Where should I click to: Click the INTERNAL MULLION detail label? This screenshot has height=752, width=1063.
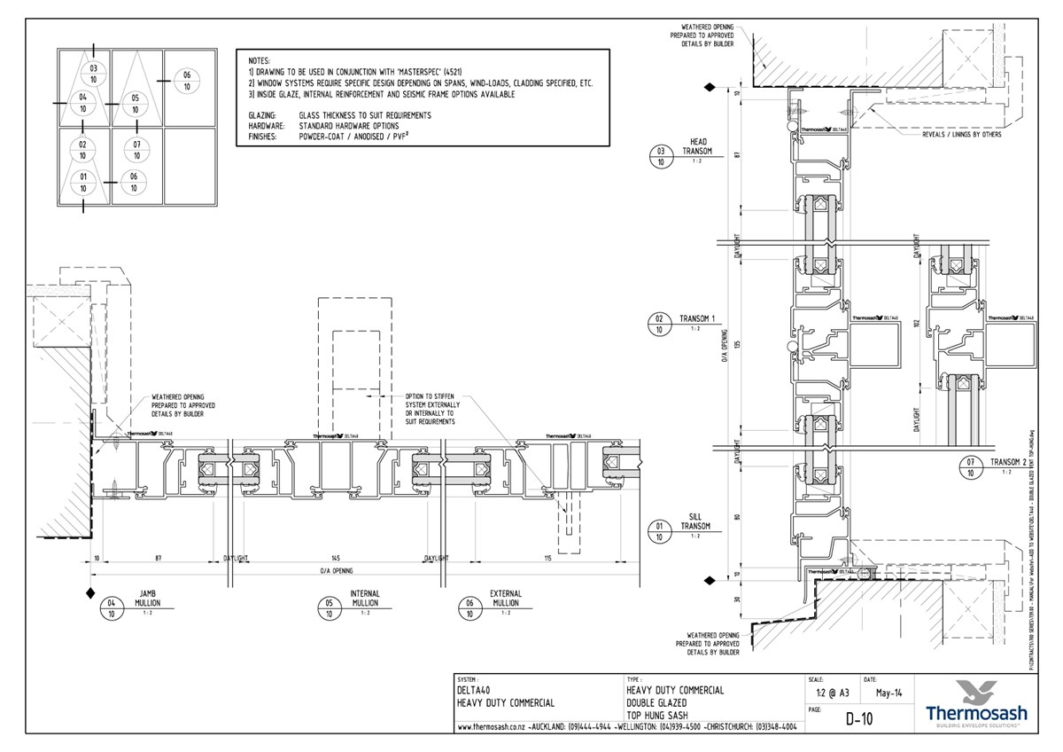[364, 599]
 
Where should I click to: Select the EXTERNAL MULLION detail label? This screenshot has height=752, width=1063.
[506, 599]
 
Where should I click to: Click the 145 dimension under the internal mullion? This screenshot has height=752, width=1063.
[335, 558]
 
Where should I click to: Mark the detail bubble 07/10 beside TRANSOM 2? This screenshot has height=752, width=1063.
[971, 468]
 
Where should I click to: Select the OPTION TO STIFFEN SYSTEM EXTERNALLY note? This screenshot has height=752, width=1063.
[431, 409]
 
